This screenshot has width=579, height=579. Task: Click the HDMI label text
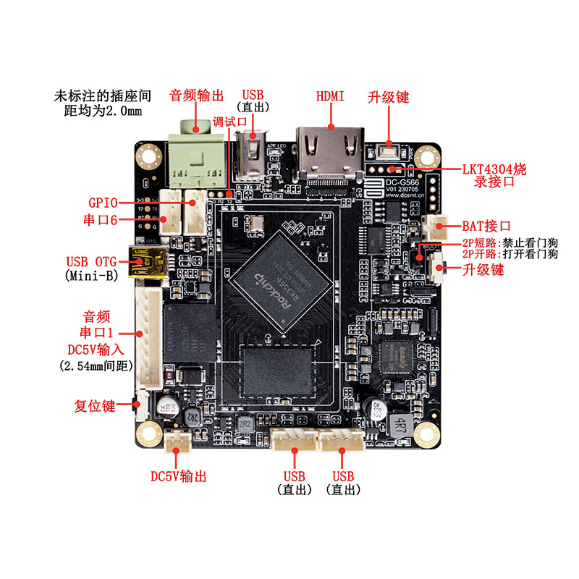pyautogui.click(x=330, y=96)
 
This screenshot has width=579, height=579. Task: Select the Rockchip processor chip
pyautogui.click(x=283, y=280)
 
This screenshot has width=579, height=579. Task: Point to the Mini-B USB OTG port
pyautogui.click(x=148, y=262)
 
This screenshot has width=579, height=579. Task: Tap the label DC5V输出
pyautogui.click(x=179, y=476)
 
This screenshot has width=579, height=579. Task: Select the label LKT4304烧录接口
pyautogui.click(x=494, y=175)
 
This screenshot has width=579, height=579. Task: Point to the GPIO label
pyautogui.click(x=103, y=203)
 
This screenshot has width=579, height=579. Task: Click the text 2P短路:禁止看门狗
pyautogui.click(x=510, y=243)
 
